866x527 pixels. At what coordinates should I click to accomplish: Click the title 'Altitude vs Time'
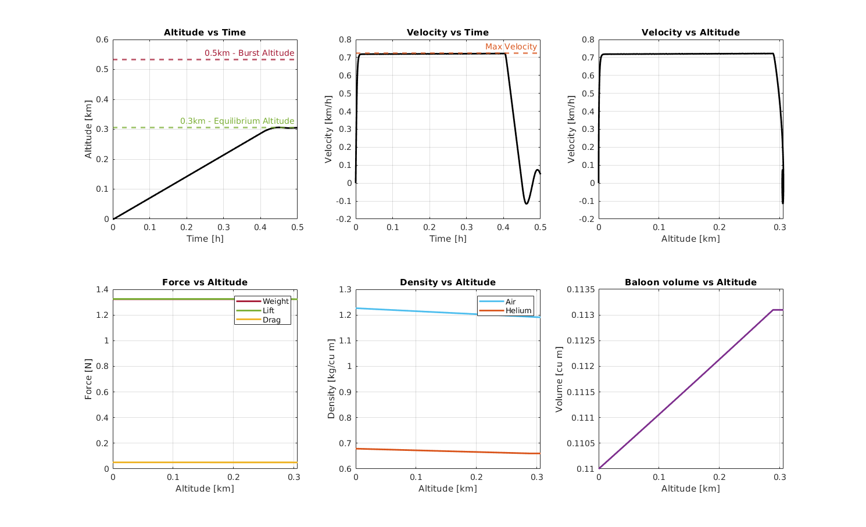click(205, 33)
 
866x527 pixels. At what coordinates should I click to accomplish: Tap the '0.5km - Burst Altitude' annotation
click(249, 53)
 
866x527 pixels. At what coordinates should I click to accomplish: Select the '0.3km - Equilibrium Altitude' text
click(237, 121)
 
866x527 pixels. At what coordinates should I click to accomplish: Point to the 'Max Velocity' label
click(511, 46)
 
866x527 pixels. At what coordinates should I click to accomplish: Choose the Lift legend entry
click(268, 310)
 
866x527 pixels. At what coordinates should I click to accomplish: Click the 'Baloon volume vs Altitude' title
click(690, 282)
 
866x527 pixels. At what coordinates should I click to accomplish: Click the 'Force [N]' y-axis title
click(88, 379)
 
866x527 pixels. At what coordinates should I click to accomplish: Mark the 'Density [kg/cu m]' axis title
click(331, 379)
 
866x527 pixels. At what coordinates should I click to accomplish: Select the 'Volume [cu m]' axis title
click(559, 379)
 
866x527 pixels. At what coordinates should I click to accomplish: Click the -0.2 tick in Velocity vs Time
click(342, 219)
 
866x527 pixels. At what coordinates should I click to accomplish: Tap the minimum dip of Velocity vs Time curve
click(526, 203)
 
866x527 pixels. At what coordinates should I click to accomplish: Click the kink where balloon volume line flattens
click(773, 310)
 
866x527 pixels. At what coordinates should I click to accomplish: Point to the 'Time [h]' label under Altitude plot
click(205, 239)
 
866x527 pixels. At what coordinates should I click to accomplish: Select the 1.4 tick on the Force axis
click(102, 289)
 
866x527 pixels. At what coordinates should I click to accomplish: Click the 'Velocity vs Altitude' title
click(690, 33)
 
